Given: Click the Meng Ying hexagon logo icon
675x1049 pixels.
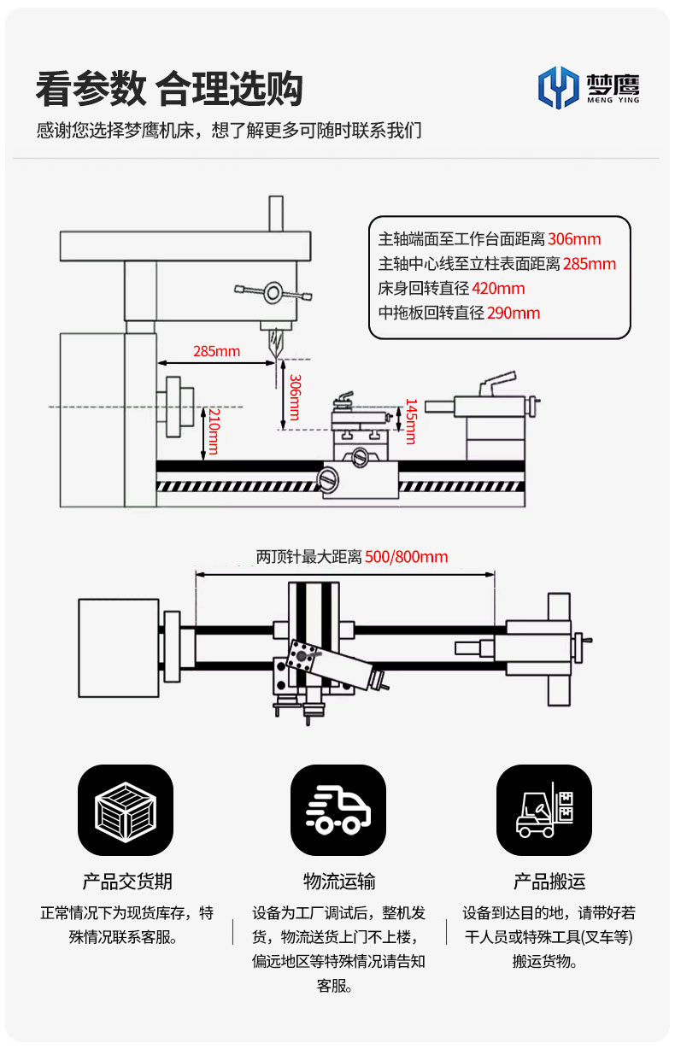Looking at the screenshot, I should [x=558, y=87].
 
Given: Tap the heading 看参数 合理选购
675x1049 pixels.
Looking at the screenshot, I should [x=169, y=89].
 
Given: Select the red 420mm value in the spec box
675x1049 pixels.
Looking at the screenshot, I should [x=498, y=288].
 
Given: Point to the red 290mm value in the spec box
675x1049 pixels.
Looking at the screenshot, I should [x=514, y=313].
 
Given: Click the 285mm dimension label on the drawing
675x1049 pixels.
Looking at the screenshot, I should [x=216, y=350].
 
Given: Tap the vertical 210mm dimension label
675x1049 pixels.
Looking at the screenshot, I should [x=214, y=431].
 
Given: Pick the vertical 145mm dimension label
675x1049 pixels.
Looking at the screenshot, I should [x=410, y=421].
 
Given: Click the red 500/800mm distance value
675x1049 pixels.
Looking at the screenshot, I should [x=406, y=557].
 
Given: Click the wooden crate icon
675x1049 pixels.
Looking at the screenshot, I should [x=126, y=811].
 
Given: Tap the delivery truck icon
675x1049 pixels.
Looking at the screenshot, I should [x=337, y=811].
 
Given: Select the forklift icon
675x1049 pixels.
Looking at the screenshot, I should [x=544, y=811].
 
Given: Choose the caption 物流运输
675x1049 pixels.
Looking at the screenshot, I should [x=339, y=882].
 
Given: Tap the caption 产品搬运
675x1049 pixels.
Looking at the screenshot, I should [x=549, y=882].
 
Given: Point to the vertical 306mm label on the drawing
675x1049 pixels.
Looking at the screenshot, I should [x=294, y=397].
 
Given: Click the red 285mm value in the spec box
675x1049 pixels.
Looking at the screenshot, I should [x=590, y=263].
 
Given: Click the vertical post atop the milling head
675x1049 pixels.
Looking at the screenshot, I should [x=275, y=214].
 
